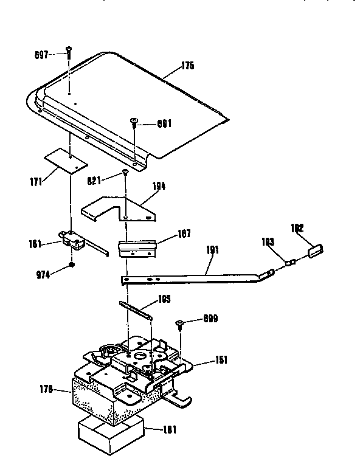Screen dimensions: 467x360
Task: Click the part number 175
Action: (187, 66)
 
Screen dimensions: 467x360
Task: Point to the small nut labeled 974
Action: (72, 265)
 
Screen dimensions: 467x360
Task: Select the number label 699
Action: (209, 319)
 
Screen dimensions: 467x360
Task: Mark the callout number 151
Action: (221, 361)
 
